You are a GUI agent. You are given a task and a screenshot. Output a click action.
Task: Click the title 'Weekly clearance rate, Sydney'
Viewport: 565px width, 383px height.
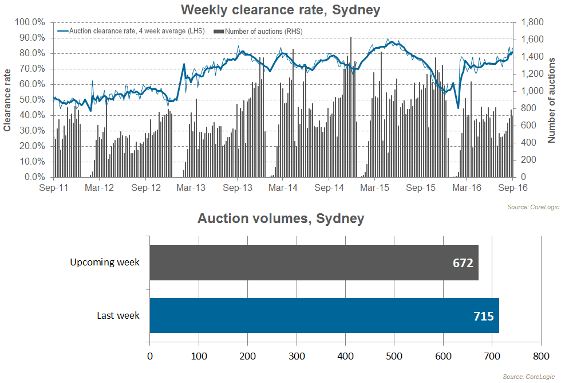(x=280, y=10)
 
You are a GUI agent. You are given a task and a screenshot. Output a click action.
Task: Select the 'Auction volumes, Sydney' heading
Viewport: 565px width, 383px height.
(x=280, y=218)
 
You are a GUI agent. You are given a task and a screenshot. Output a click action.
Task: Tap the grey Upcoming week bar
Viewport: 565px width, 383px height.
(x=314, y=263)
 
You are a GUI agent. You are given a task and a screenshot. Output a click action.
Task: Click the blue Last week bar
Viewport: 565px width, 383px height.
(x=324, y=315)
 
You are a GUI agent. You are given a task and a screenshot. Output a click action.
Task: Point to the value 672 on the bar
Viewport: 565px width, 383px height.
(x=463, y=263)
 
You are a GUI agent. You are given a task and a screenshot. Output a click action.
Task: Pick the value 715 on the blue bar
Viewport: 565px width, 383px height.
(x=484, y=316)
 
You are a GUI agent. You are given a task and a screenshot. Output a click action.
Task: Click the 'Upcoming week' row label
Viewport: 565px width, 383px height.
(x=105, y=263)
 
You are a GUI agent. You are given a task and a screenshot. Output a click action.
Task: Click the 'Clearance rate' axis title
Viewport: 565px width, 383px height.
(x=7, y=100)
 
